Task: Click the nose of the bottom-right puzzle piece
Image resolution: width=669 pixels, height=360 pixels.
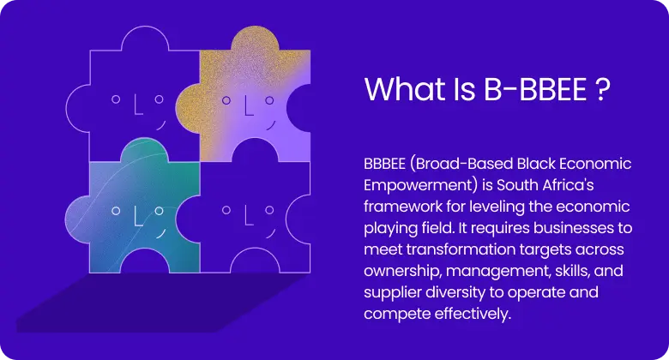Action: (248, 214)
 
